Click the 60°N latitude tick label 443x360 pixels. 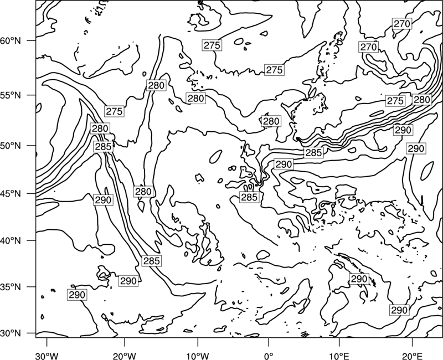[11, 41]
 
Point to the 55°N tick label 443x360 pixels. [11, 95]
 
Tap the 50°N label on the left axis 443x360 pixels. [11, 146]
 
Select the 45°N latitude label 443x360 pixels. [11, 194]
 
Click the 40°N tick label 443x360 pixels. [11, 241]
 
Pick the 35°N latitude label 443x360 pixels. [11, 287]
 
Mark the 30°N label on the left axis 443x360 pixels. [11, 333]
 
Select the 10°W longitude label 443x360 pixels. [198, 354]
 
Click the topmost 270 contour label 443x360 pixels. [402, 24]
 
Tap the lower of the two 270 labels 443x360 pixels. [369, 47]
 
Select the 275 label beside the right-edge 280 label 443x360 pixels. [395, 101]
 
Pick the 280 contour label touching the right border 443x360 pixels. [422, 100]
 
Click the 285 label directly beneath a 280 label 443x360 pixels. [104, 147]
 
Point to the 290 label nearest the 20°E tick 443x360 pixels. [399, 310]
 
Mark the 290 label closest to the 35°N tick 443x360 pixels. [77, 295]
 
